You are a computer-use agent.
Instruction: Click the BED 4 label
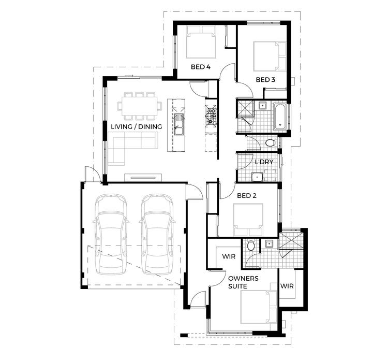pos(200,67)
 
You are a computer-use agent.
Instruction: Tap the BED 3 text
pos(265,80)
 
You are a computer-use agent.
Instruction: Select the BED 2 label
pos(247,196)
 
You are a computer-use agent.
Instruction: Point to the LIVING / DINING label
pos(137,126)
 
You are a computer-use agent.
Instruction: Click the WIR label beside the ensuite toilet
pos(229,256)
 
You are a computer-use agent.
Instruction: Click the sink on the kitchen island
pos(178,124)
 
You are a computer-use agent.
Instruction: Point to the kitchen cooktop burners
pos(211,116)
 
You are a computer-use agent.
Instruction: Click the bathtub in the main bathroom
pos(279,116)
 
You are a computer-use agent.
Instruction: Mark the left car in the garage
pos(111,233)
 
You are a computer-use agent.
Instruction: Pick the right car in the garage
pos(157,233)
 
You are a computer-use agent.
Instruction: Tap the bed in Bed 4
pos(201,44)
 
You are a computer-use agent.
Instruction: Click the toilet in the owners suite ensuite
pos(251,246)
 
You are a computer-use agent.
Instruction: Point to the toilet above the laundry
pos(270,143)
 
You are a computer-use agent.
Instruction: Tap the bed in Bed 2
pos(247,220)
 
